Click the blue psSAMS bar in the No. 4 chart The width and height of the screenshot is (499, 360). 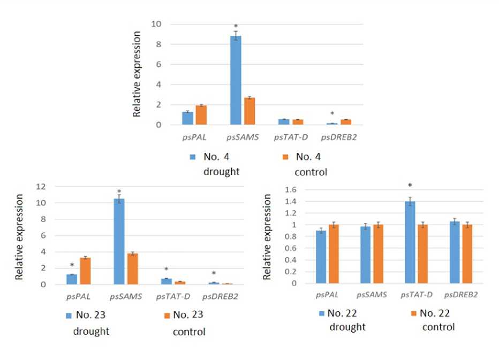[236, 80]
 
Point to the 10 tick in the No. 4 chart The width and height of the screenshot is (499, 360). [156, 24]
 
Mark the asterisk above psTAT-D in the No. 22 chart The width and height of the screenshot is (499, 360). [410, 186]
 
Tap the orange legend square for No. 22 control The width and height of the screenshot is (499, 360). [414, 313]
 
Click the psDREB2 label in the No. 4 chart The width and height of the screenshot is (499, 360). [339, 137]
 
